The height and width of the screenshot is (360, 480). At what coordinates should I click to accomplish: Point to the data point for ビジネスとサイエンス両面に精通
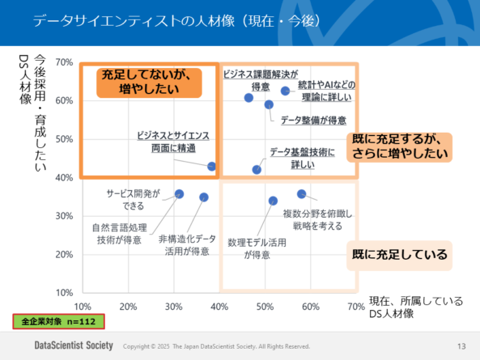[212, 166]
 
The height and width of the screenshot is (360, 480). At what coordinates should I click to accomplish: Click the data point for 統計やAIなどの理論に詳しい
[286, 91]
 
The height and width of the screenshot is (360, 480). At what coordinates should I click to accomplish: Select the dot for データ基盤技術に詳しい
[257, 170]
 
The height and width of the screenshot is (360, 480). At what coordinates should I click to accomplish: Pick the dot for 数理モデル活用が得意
[273, 201]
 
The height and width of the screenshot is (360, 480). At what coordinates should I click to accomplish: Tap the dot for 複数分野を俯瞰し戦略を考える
[301, 193]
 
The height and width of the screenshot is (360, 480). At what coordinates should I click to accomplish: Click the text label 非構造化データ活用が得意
[187, 245]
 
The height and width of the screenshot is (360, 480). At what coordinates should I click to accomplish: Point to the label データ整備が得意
[314, 121]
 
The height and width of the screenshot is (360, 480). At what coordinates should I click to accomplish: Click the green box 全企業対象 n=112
[58, 322]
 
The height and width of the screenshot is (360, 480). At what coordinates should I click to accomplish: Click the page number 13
[461, 346]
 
